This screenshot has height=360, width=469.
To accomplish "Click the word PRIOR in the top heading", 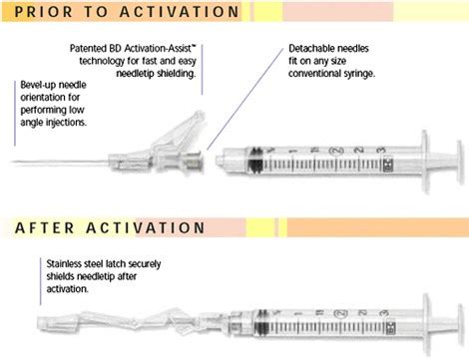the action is click(x=43, y=12).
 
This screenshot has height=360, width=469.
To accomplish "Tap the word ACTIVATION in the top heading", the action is click(x=179, y=12).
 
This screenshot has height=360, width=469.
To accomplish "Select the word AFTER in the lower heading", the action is click(x=44, y=227).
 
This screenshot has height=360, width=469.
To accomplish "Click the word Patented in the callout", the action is click(x=88, y=49).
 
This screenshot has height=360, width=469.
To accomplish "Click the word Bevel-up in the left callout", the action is click(x=37, y=85).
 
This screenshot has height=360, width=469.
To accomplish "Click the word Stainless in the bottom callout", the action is click(x=64, y=264).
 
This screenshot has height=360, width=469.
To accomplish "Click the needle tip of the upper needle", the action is click(x=12, y=162).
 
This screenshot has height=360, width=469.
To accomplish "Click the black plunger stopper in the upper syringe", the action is click(x=255, y=161).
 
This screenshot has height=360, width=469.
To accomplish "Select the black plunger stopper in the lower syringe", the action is click(x=261, y=323).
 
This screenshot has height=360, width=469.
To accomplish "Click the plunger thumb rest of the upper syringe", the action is click(x=459, y=163).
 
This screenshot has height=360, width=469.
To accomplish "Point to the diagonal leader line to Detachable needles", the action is click(x=245, y=99).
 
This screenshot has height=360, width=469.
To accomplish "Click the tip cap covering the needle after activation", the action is click(x=44, y=323).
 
